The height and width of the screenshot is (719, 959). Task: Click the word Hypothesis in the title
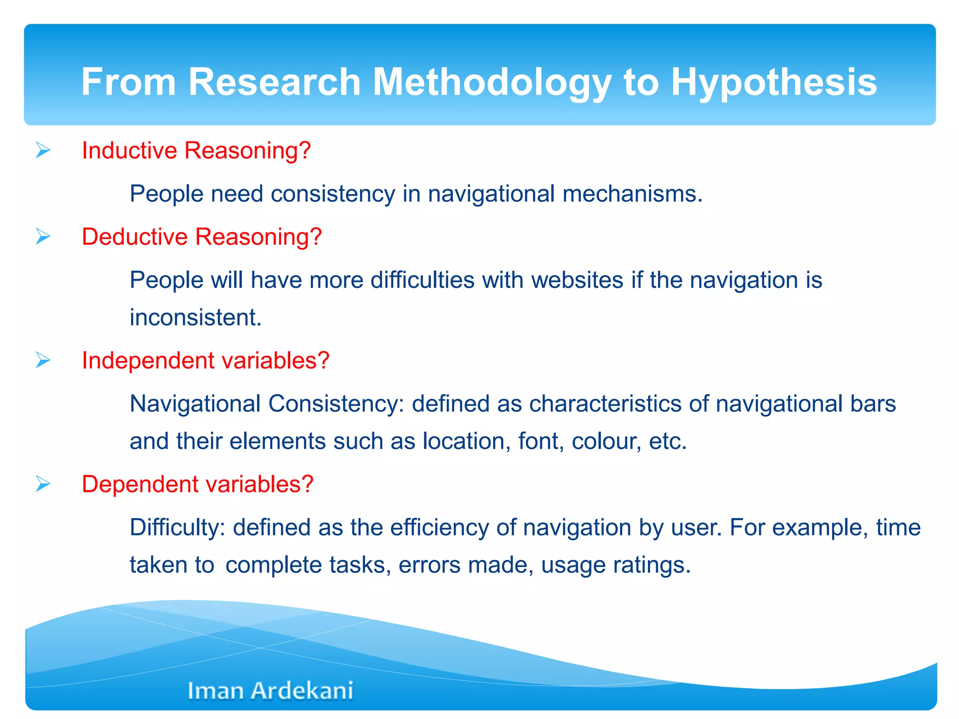tap(774, 82)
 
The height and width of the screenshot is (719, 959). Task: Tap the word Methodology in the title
tap(492, 82)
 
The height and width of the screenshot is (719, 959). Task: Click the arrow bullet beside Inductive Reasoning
tap(43, 150)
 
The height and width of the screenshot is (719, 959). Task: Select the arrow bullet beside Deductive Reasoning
tap(43, 236)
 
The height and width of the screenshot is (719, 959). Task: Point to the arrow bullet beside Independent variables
tap(43, 360)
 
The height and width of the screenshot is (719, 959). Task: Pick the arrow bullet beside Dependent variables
tap(43, 484)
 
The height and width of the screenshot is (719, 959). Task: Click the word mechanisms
tap(633, 194)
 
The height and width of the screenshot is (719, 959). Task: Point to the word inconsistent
tap(195, 317)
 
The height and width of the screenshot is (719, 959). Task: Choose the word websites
tap(577, 280)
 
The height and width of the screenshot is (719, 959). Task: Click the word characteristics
tap(605, 404)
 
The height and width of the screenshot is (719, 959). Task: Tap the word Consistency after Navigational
tap(337, 404)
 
